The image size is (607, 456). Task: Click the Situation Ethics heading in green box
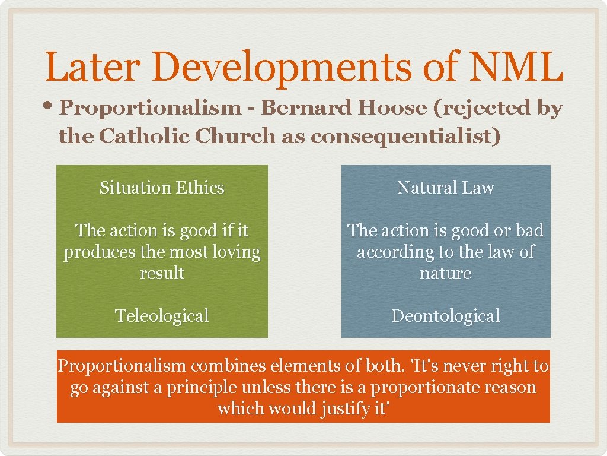click(x=162, y=188)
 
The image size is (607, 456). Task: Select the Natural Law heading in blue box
click(x=445, y=188)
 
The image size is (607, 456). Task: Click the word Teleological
click(x=162, y=315)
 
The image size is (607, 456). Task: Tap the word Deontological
click(x=445, y=315)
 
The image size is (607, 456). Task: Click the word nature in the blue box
click(x=445, y=274)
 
